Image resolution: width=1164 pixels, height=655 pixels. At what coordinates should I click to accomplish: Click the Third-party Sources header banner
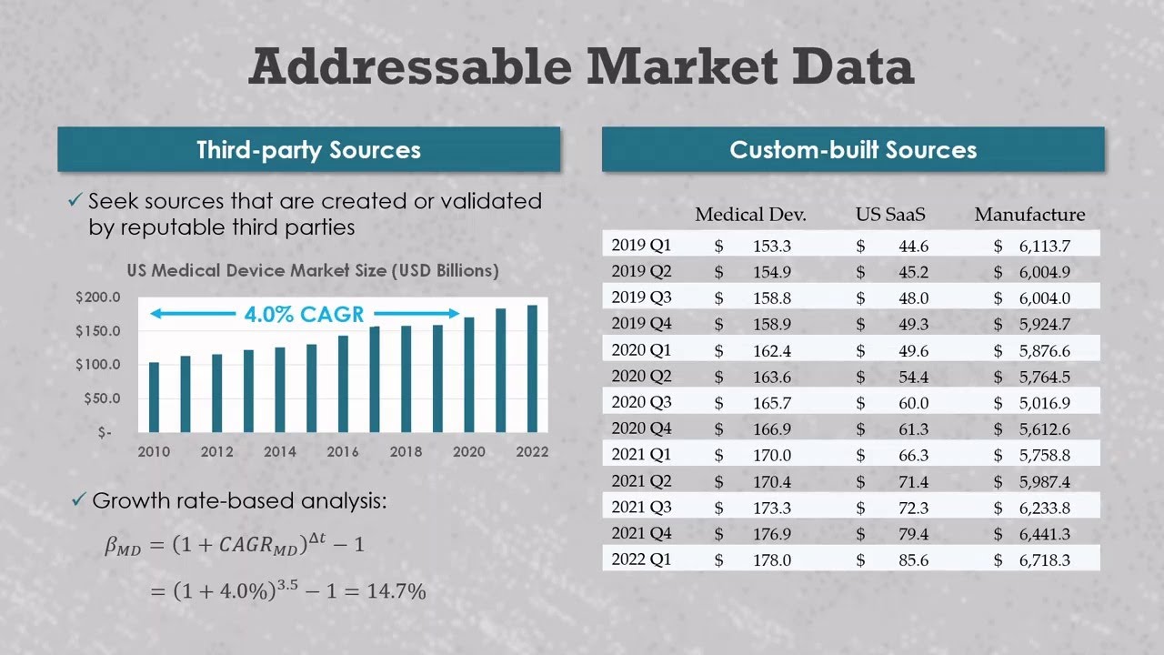[308, 150]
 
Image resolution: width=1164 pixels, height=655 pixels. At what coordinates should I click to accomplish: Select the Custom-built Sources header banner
[853, 150]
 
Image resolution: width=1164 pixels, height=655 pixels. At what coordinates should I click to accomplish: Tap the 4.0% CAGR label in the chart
[304, 315]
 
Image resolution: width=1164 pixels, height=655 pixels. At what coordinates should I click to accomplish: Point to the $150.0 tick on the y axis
[97, 330]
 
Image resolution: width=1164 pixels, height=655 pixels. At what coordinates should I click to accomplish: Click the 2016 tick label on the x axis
[342, 451]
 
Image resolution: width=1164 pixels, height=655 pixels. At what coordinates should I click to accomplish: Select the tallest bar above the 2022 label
[532, 368]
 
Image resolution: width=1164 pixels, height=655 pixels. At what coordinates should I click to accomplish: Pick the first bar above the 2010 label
[154, 398]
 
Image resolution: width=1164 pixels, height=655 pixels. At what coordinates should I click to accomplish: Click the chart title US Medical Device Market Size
[312, 270]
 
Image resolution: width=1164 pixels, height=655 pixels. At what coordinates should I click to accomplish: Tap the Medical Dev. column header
[750, 215]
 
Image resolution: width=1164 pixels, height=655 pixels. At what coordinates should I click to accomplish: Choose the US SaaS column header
[890, 215]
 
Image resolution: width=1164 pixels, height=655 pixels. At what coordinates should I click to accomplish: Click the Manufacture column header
[1029, 215]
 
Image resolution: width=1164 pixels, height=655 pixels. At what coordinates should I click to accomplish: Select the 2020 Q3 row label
[640, 402]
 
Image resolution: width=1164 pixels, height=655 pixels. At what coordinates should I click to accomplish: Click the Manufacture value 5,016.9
[1044, 403]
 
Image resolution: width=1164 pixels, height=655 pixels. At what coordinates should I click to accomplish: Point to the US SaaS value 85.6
[913, 560]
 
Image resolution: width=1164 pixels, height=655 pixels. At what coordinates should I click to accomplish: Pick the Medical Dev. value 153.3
[772, 246]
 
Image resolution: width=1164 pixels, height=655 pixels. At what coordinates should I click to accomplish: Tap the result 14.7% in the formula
[396, 591]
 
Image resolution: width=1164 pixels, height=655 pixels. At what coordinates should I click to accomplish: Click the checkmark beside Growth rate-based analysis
[79, 500]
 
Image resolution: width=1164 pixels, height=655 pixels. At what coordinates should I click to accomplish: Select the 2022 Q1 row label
[640, 559]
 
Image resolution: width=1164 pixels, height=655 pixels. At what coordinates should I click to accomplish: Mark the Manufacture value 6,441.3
[1044, 534]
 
